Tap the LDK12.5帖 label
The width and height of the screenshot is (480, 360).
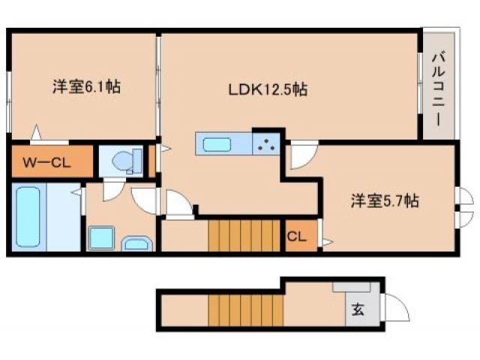268,90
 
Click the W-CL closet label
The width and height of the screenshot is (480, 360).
46,161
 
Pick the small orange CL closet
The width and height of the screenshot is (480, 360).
296,237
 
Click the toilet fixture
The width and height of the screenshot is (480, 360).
124,160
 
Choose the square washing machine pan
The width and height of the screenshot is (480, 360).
100,238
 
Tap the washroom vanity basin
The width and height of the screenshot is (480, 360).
136,243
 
